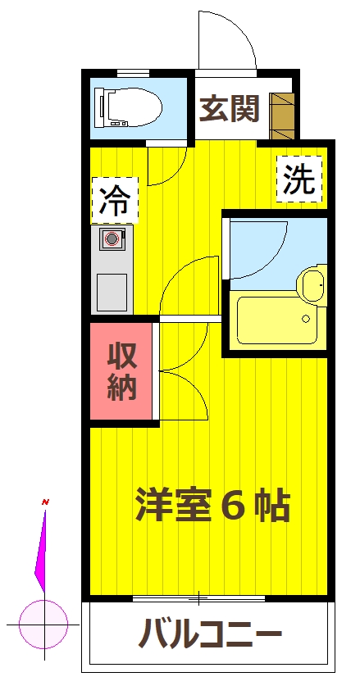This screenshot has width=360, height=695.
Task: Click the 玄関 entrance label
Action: [x=230, y=108]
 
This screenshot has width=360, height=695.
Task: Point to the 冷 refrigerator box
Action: [x=115, y=202]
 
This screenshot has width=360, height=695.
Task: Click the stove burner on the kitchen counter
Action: [x=112, y=239]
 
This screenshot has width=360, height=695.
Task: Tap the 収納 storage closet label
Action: [x=121, y=372]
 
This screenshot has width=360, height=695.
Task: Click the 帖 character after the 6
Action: [x=271, y=506]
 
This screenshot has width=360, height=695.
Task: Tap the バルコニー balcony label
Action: [x=210, y=634]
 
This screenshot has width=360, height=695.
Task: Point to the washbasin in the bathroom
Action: [x=312, y=285]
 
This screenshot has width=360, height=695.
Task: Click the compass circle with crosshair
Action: [x=43, y=624]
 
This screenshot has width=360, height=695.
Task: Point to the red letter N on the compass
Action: [x=46, y=501]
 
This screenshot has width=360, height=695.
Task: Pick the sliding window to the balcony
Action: [x=199, y=597]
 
